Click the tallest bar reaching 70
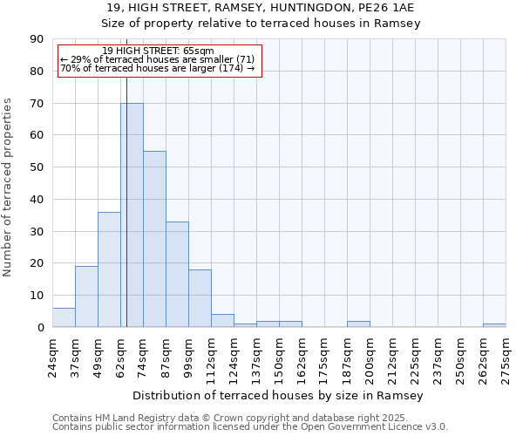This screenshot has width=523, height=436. click(132, 215)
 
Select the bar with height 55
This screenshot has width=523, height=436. click(154, 239)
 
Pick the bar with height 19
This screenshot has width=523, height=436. click(86, 296)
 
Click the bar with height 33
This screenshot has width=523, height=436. click(177, 275)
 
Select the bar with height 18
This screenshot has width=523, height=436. click(200, 298)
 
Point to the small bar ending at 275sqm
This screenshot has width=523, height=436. click(494, 325)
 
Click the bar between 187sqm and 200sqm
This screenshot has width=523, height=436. click(358, 324)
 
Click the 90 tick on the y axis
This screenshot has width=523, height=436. click(38, 39)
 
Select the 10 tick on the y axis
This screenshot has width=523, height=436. click(38, 296)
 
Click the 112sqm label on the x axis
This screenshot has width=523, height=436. click(211, 355)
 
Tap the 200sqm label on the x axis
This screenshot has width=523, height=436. click(370, 355)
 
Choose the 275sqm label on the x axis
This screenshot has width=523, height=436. click(506, 355)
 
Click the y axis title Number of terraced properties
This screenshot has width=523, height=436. click(9, 187)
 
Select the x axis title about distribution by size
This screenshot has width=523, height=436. click(278, 396)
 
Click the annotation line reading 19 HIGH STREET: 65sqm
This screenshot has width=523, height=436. click(158, 51)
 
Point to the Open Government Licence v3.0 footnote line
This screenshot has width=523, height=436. click(250, 427)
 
